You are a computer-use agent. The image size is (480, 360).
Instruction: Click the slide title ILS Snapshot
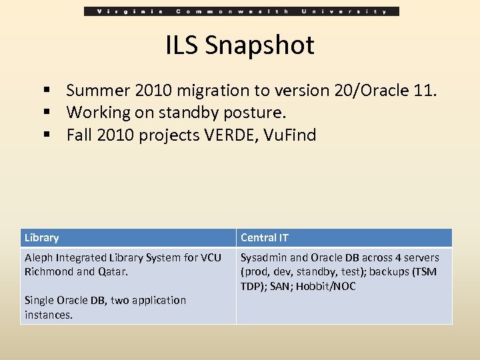[240, 45]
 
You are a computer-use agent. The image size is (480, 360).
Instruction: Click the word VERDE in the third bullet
[230, 135]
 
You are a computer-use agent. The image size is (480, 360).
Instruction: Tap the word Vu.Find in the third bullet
[290, 135]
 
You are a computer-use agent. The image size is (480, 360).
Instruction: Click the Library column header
[41, 237]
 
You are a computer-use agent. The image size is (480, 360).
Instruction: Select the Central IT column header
[265, 237]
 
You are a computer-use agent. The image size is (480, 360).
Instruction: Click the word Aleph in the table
[39, 257]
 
